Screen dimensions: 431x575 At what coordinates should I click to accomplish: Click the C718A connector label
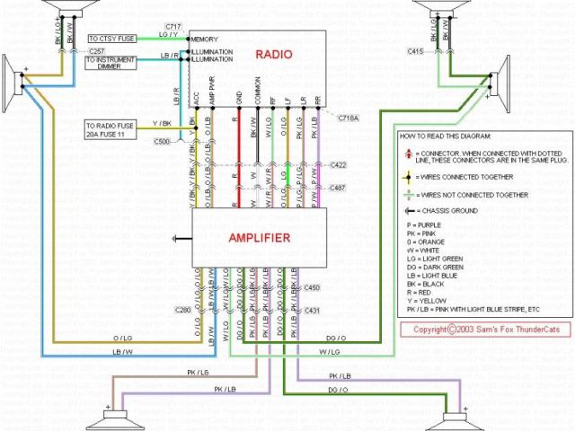pos(349,118)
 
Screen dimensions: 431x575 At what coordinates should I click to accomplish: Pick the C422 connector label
pos(339,165)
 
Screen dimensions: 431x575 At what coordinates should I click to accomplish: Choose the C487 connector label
pos(339,187)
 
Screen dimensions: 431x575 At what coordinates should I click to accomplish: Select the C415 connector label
pos(414,52)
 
